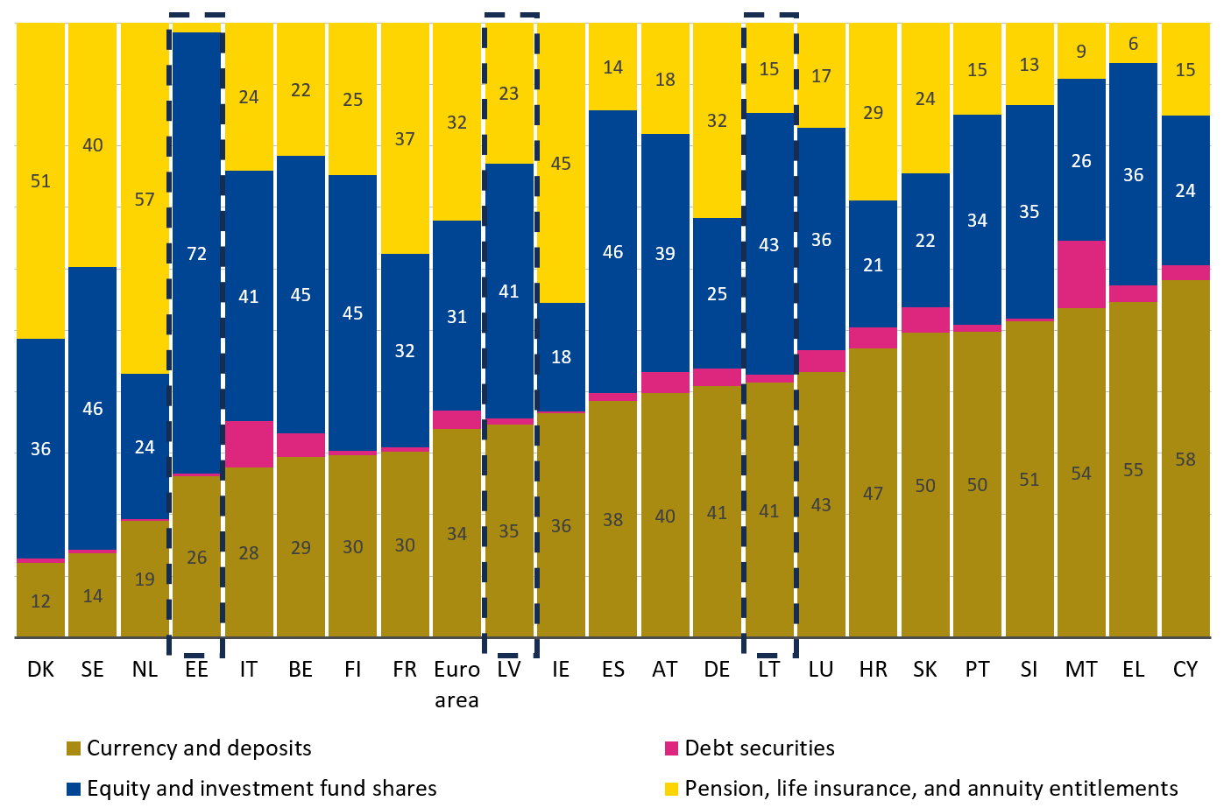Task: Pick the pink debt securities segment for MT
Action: click(x=1081, y=274)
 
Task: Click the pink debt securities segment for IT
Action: click(x=249, y=444)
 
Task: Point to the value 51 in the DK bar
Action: click(x=40, y=181)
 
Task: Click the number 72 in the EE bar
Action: click(x=196, y=254)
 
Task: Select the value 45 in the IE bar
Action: click(x=561, y=164)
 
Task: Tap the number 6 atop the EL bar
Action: click(x=1133, y=44)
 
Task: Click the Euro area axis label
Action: click(x=456, y=684)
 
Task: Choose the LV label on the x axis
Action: click(x=509, y=670)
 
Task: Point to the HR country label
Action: click(x=873, y=670)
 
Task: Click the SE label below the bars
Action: click(x=92, y=670)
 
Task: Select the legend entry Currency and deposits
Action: click(x=199, y=748)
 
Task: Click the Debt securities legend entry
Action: click(x=759, y=748)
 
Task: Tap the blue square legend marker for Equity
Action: click(x=74, y=789)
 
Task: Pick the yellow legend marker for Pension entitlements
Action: click(x=672, y=789)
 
